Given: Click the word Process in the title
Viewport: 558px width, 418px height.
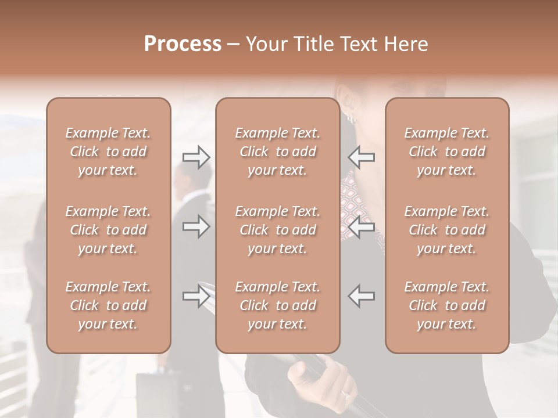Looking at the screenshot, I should coord(183,44).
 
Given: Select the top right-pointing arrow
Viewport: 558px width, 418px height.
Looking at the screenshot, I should coord(196,157).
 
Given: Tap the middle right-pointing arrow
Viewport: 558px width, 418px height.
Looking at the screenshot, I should coord(196,226).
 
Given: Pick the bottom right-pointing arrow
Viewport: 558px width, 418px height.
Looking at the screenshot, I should coord(196,296).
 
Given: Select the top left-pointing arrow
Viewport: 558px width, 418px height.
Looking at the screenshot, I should coord(361,157).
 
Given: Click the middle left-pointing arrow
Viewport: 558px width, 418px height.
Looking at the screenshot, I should coord(361,226).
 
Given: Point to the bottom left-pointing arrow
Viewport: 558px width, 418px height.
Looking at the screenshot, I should coord(361,296).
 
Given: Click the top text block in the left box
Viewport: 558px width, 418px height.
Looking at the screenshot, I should coord(108,152).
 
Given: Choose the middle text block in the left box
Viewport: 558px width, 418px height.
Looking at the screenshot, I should coord(108,230).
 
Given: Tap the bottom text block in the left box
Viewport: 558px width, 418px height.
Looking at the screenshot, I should coord(108,305).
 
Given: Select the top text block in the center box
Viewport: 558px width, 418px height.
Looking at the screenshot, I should coord(277,152).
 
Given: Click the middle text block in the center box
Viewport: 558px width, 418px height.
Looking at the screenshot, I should coord(277,230).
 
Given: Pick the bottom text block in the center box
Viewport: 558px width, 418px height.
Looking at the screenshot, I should coord(277,305).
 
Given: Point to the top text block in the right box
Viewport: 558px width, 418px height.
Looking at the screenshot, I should coord(446,152).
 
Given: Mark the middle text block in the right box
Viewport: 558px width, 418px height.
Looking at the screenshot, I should coord(446,230).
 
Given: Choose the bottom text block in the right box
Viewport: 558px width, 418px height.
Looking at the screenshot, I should coord(446,305).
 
